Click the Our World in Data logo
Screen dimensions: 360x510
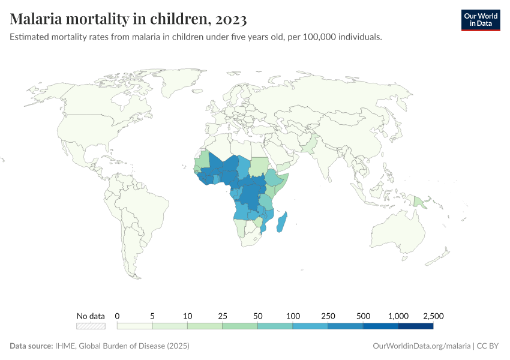[x=480, y=20]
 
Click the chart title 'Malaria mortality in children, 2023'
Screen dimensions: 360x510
[x=128, y=19]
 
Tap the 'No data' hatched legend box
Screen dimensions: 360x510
[x=91, y=326]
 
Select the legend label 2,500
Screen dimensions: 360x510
[x=433, y=316]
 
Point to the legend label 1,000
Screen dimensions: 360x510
[x=398, y=316]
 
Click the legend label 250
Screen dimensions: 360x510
[x=328, y=316]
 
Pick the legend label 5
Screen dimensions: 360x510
[x=152, y=316]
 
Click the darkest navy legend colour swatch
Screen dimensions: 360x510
[x=415, y=326]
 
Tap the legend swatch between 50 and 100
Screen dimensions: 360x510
[x=275, y=326]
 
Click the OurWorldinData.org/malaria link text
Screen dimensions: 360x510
[x=421, y=346]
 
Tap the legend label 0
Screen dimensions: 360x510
[x=118, y=316]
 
